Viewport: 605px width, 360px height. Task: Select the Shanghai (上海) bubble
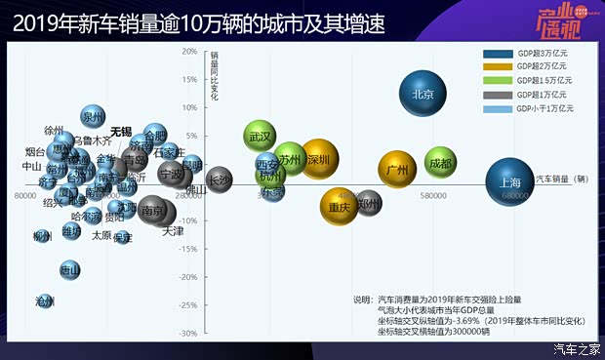pos(509,182)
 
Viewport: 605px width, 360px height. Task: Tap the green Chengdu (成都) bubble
pos(442,165)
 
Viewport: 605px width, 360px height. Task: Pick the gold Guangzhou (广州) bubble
pos(397,171)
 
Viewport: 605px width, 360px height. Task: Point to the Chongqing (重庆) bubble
pos(340,207)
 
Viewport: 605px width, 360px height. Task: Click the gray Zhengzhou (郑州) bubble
pos(368,204)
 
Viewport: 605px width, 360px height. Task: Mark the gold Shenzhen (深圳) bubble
pos(318,159)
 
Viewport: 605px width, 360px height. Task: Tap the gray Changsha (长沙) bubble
pos(221,179)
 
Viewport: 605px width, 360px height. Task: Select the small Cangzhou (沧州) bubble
pos(45,301)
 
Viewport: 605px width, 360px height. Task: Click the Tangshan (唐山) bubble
pos(69,268)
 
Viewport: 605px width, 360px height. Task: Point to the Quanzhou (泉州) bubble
pos(93,117)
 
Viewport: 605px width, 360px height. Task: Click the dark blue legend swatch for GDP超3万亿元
pos(497,55)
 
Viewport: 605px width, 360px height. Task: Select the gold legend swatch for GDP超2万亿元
pos(497,67)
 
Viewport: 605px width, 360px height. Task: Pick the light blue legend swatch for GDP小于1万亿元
pos(497,108)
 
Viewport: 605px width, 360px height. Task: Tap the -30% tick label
pos(188,334)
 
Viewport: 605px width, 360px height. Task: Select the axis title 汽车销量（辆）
pos(562,180)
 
